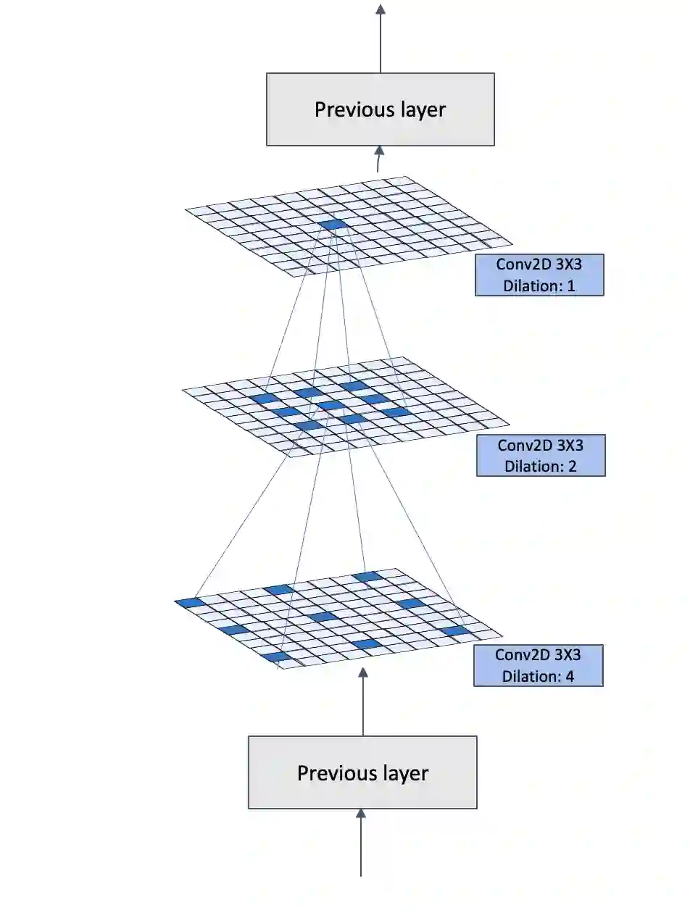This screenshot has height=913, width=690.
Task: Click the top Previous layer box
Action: coord(380,109)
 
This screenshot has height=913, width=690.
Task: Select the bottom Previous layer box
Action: coord(362,772)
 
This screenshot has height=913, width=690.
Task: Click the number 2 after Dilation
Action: coord(572,466)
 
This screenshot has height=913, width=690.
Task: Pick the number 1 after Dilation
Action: coord(570,285)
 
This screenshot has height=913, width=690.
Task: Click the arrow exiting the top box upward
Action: coord(380,36)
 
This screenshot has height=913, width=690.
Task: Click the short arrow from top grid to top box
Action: coord(378,159)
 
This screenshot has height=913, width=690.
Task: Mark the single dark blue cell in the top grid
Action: coord(334,225)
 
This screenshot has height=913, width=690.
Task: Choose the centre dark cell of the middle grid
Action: coord(331,404)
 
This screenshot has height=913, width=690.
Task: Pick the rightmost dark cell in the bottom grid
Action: coord(456,630)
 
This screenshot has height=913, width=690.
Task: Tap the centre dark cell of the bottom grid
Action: coord(321,617)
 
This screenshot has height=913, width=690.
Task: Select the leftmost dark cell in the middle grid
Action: coord(265,399)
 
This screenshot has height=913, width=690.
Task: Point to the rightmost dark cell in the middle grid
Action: coord(396,412)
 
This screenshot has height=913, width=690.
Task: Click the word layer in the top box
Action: coord(422,109)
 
